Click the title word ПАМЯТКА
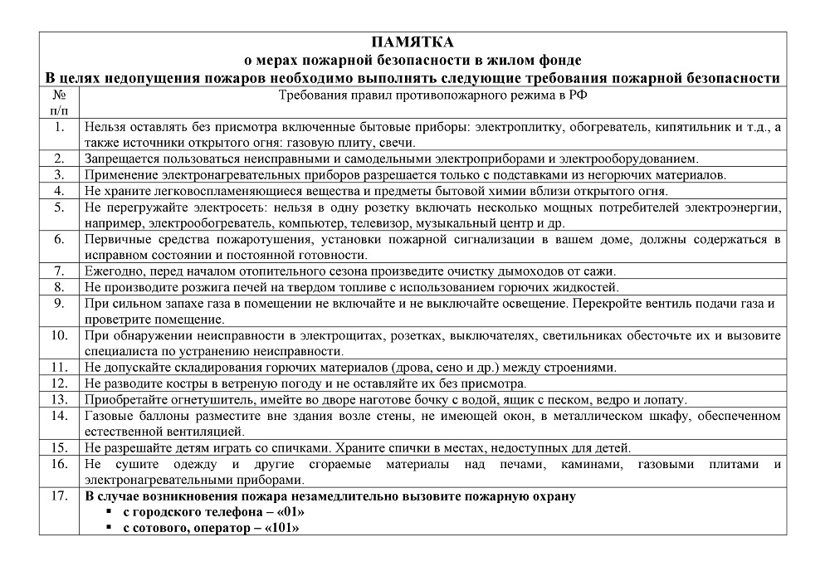point(413,42)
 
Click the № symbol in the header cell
point(60,95)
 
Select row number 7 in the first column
point(59,271)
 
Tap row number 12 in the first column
point(59,383)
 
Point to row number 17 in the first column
point(59,497)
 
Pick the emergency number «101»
point(282,528)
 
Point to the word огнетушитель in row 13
point(212,399)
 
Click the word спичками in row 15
point(296,447)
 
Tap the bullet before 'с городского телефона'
point(108,513)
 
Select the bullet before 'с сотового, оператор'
point(108,529)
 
